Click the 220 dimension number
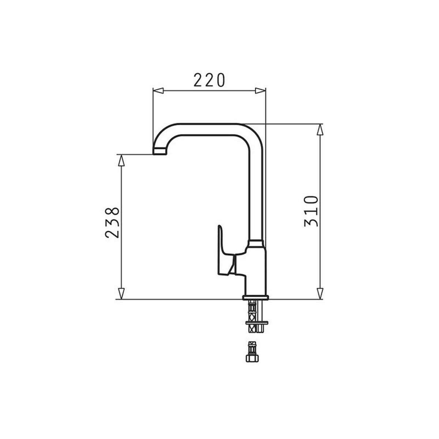(209, 80)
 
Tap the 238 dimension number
(112, 222)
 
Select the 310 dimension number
(311, 211)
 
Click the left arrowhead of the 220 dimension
(158, 91)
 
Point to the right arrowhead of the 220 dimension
(260, 91)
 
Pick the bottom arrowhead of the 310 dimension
(320, 293)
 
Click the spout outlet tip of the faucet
(160, 151)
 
